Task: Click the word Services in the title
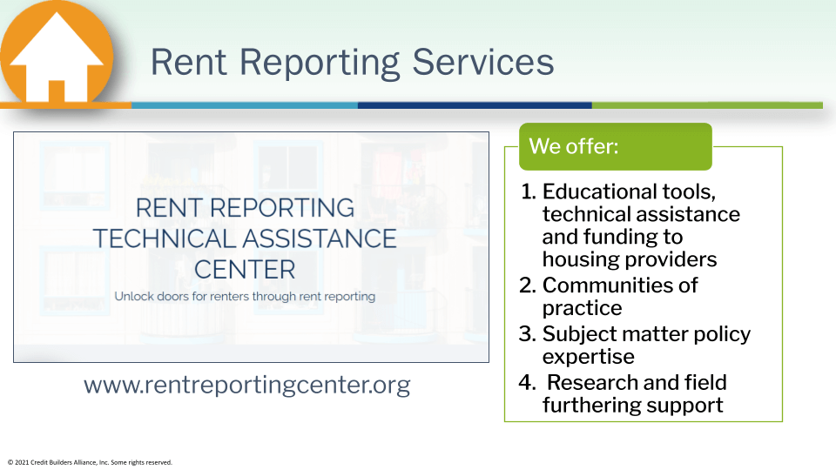click(x=483, y=62)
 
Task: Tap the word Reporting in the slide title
click(x=320, y=64)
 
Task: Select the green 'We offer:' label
click(x=616, y=146)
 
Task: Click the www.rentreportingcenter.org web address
click(x=246, y=385)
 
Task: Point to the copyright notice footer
click(x=90, y=462)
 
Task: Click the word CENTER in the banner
click(x=245, y=270)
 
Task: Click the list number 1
click(x=529, y=191)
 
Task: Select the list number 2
click(x=528, y=285)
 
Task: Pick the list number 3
click(x=528, y=334)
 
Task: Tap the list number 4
click(x=528, y=383)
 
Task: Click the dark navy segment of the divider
click(x=475, y=105)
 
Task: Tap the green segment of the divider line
click(x=707, y=105)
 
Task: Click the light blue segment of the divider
click(x=245, y=105)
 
